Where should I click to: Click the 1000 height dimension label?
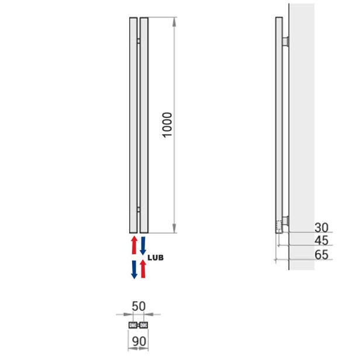click(167, 125)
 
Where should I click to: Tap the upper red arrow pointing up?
click(133, 245)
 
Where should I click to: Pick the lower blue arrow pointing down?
click(133, 269)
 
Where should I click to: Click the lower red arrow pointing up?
click(143, 269)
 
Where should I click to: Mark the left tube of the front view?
click(133, 125)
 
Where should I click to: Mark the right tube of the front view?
click(144, 125)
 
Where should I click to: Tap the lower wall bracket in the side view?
click(285, 221)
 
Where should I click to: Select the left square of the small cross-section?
click(133, 324)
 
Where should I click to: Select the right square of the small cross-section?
click(144, 324)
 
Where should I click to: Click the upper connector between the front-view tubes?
click(139, 41)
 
